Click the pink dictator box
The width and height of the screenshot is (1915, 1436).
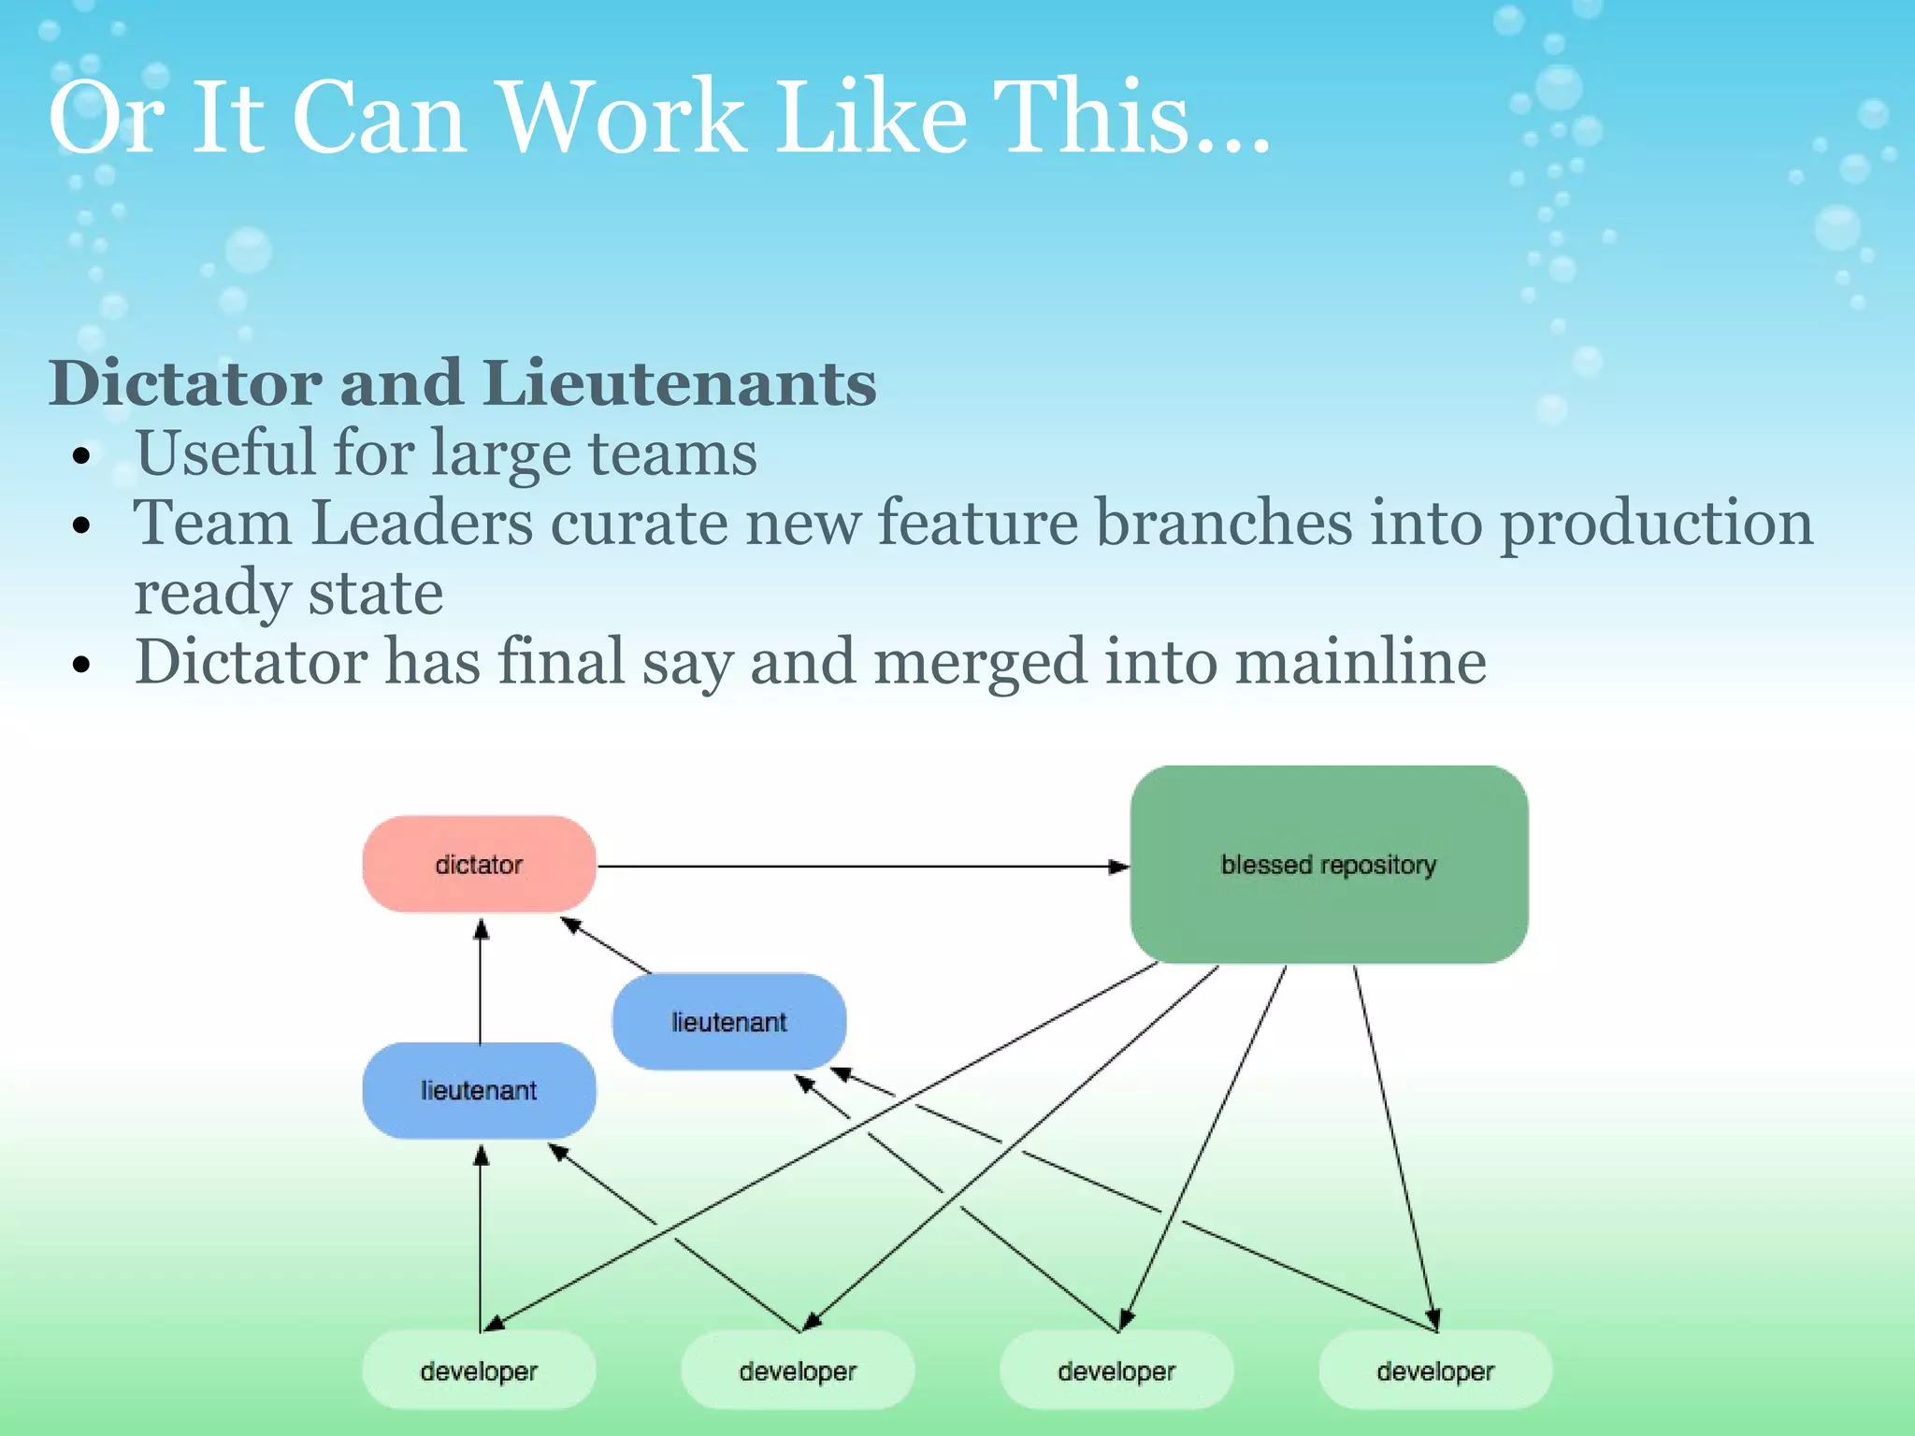click(x=479, y=864)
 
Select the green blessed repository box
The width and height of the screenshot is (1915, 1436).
click(x=1329, y=864)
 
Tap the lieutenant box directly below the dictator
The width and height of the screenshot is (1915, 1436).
click(x=479, y=1090)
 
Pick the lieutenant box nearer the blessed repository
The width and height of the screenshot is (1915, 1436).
click(x=728, y=1021)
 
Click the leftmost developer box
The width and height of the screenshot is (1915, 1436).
click(x=479, y=1371)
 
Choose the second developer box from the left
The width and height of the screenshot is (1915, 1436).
click(x=798, y=1371)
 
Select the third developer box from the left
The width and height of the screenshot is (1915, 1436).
click(x=1116, y=1371)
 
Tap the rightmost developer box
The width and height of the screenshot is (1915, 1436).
click(x=1435, y=1371)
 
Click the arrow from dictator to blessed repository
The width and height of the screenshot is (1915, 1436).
click(x=860, y=867)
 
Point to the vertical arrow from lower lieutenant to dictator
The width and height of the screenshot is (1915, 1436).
click(x=481, y=982)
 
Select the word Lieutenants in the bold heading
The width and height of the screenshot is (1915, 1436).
click(x=680, y=383)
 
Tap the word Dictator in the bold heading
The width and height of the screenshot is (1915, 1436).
click(x=185, y=383)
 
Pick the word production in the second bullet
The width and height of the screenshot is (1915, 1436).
click(x=1656, y=524)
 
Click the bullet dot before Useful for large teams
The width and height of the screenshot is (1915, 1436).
click(x=83, y=456)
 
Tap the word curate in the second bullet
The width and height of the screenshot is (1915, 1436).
click(x=639, y=524)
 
